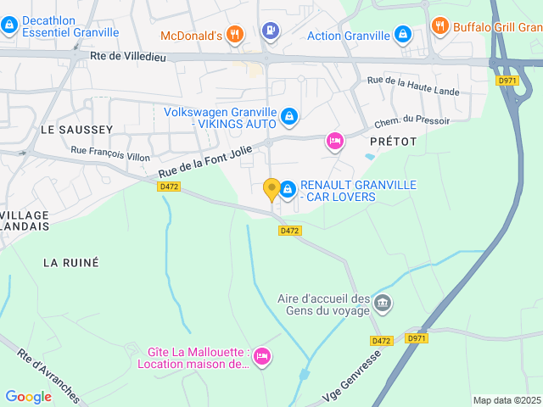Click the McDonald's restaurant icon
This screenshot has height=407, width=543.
click(x=235, y=35)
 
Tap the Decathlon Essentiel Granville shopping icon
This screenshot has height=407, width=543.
click(x=9, y=25)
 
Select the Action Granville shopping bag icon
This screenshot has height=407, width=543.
click(x=403, y=36)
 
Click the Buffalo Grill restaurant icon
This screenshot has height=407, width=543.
click(x=439, y=25)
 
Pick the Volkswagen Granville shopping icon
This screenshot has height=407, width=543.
click(x=288, y=115)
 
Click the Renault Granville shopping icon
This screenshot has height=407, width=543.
click(x=288, y=187)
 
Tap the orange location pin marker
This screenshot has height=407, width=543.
click(x=271, y=190)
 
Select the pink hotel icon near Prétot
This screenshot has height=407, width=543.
click(x=334, y=142)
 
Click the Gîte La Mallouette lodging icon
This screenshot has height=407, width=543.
click(x=261, y=356)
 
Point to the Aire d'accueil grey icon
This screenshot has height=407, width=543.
click(x=383, y=303)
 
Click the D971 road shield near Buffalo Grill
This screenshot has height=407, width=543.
click(x=507, y=81)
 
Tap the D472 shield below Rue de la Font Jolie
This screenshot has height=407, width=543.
click(x=169, y=187)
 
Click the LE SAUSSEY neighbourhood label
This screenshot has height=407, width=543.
click(x=76, y=129)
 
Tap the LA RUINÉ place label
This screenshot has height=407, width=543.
click(x=71, y=263)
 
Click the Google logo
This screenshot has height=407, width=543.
click(x=28, y=396)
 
